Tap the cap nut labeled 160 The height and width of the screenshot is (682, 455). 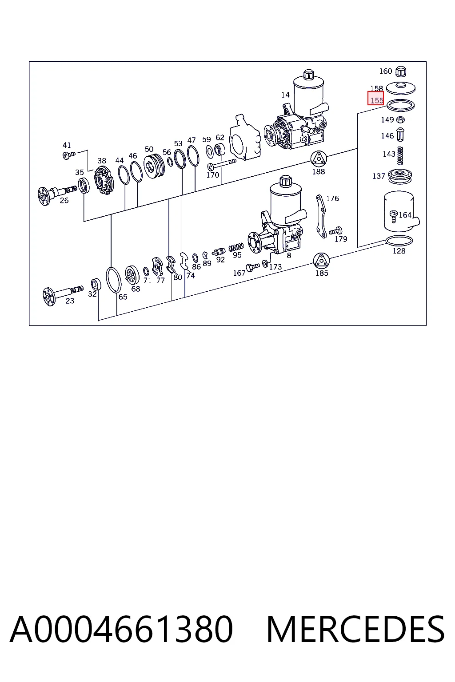click(x=401, y=71)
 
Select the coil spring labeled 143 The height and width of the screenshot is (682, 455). click(x=400, y=155)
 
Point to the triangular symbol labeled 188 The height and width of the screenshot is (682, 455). click(x=319, y=159)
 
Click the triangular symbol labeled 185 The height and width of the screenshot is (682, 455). click(x=321, y=261)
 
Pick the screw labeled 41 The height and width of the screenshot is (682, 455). click(x=69, y=155)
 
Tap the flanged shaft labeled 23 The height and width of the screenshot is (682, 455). click(x=63, y=293)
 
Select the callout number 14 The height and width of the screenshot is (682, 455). click(x=285, y=95)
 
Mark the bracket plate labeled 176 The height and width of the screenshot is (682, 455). click(x=321, y=216)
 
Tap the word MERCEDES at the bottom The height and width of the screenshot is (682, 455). click(x=355, y=629)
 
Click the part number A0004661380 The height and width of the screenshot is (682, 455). click(x=121, y=629)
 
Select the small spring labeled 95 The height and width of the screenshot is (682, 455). click(x=236, y=246)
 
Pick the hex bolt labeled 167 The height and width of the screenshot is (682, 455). click(x=253, y=267)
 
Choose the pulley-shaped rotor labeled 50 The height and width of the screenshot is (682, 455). click(x=154, y=166)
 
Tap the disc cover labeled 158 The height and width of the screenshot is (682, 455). click(x=401, y=88)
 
